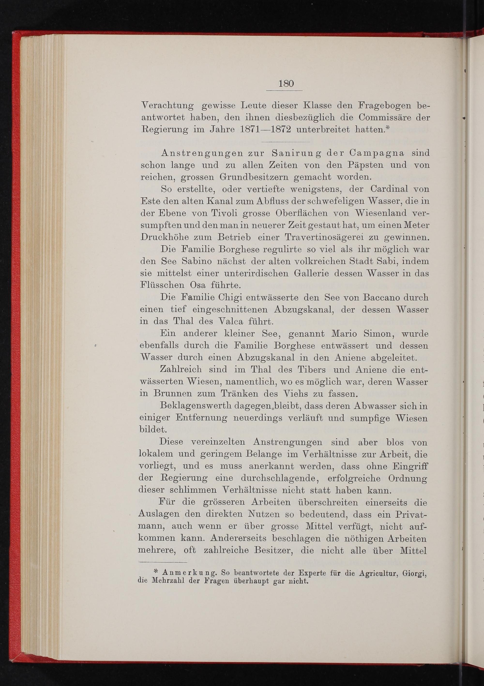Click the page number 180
(x=286, y=84)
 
